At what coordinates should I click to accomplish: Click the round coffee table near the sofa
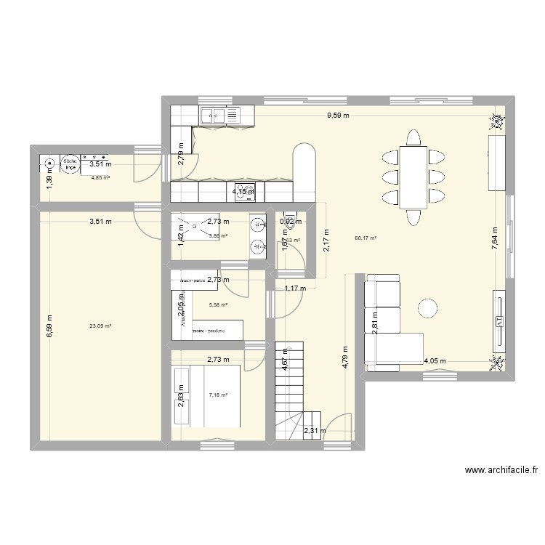428,308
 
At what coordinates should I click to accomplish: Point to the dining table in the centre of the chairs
413,176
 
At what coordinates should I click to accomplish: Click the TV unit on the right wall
501,320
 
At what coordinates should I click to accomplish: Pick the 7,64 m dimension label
494,238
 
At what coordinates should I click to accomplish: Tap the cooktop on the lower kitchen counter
249,191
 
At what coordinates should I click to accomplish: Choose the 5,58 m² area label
218,305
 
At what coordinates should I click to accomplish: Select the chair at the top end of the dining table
413,137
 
